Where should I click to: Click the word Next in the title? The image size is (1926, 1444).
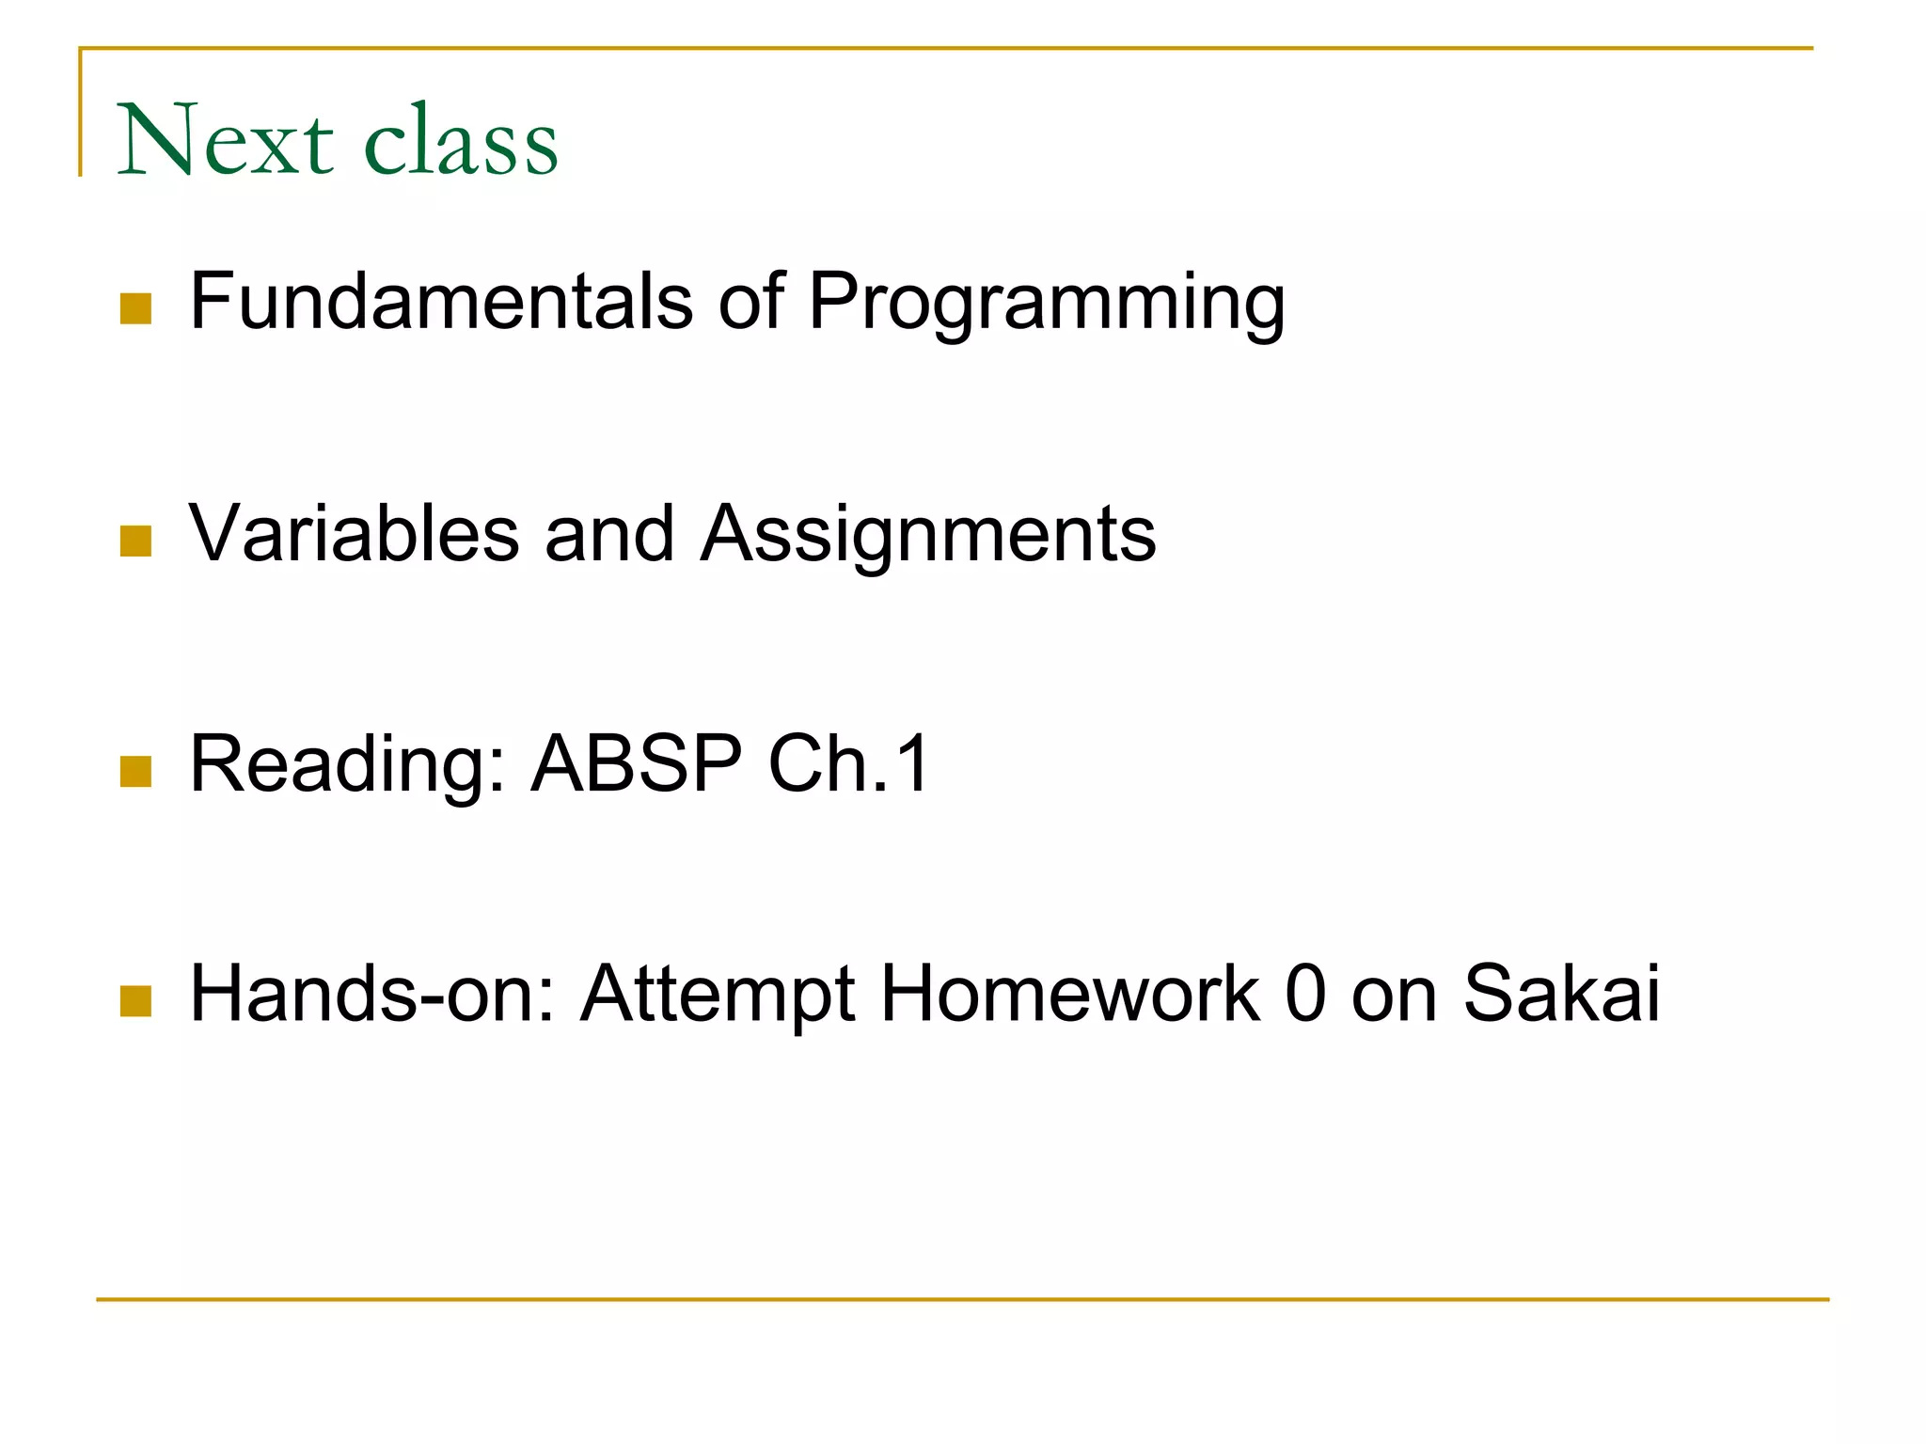226,141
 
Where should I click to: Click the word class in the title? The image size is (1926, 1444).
461,141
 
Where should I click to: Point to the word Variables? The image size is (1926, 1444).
355,533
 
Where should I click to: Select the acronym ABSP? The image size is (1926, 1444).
637,763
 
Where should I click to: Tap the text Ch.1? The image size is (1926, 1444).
848,763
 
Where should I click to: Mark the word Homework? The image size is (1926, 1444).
1069,994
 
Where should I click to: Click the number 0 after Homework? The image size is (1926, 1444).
1305,994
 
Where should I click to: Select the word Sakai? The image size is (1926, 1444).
1562,994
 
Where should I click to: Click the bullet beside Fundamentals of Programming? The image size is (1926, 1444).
136,309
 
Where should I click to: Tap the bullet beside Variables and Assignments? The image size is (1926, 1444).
136,541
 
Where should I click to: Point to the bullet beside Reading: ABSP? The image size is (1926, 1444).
136,772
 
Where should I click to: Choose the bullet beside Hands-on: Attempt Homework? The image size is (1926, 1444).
136,1001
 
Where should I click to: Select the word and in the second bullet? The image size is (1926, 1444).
609,533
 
